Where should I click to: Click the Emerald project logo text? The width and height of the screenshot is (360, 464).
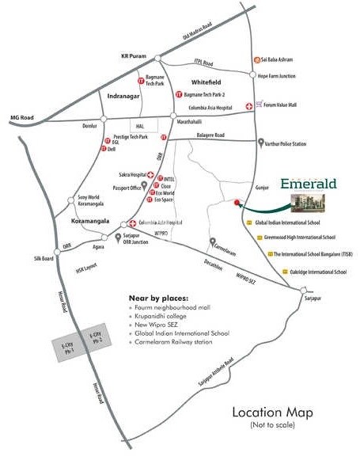[x=309, y=184]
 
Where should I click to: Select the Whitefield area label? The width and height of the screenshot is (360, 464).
[x=205, y=82]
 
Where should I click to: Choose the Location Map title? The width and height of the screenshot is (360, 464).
[x=271, y=413]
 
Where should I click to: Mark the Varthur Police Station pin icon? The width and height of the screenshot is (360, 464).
[x=261, y=143]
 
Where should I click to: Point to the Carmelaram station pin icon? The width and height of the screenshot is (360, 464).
[x=211, y=242]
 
